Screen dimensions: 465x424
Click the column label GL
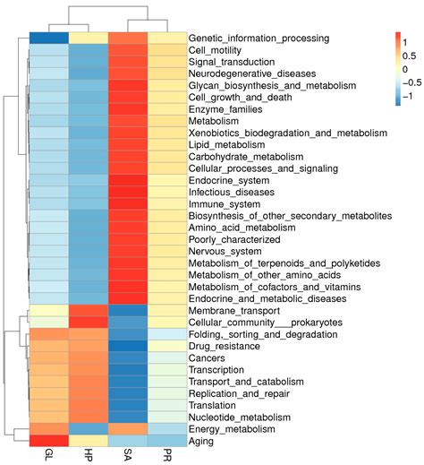click(48, 455)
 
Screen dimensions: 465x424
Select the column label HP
click(88, 455)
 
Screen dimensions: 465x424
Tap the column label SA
click(128, 455)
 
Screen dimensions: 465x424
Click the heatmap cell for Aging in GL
click(48, 441)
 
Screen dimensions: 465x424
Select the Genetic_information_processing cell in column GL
click(48, 39)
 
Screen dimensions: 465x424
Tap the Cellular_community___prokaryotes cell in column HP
click(88, 322)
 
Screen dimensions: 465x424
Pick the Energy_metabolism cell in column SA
click(128, 429)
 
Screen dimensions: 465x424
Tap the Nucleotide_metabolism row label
click(239, 417)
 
